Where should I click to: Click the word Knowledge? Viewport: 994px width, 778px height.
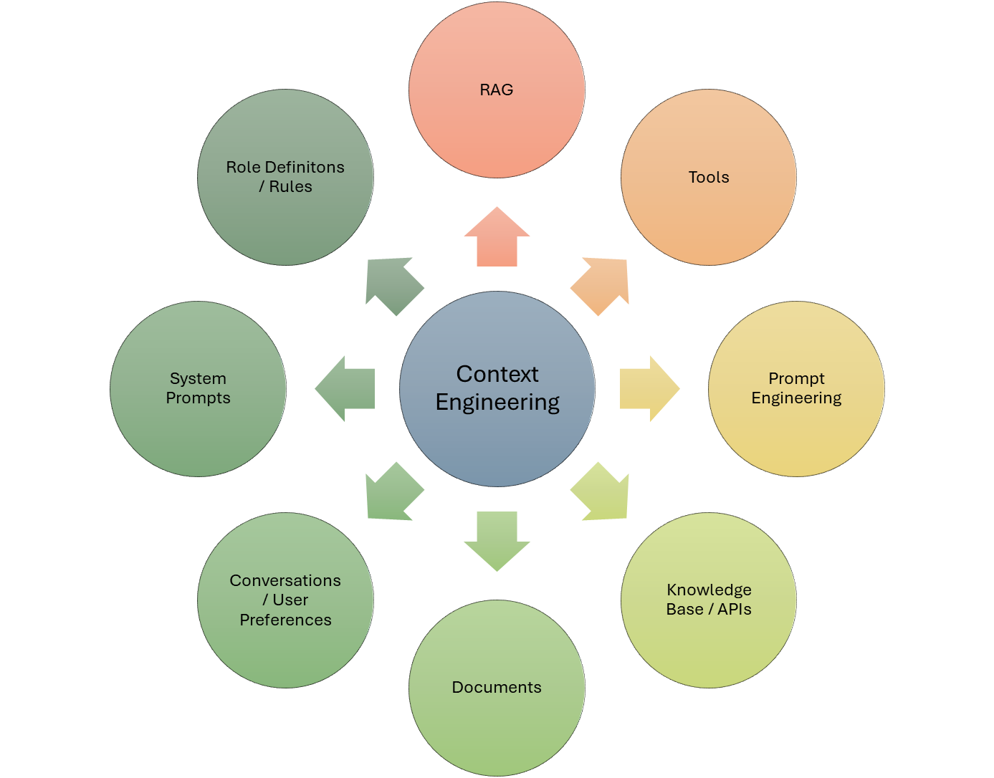[x=709, y=590]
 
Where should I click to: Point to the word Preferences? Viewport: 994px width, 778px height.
[x=285, y=620]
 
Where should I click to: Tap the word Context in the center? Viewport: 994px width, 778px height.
[x=497, y=374]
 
